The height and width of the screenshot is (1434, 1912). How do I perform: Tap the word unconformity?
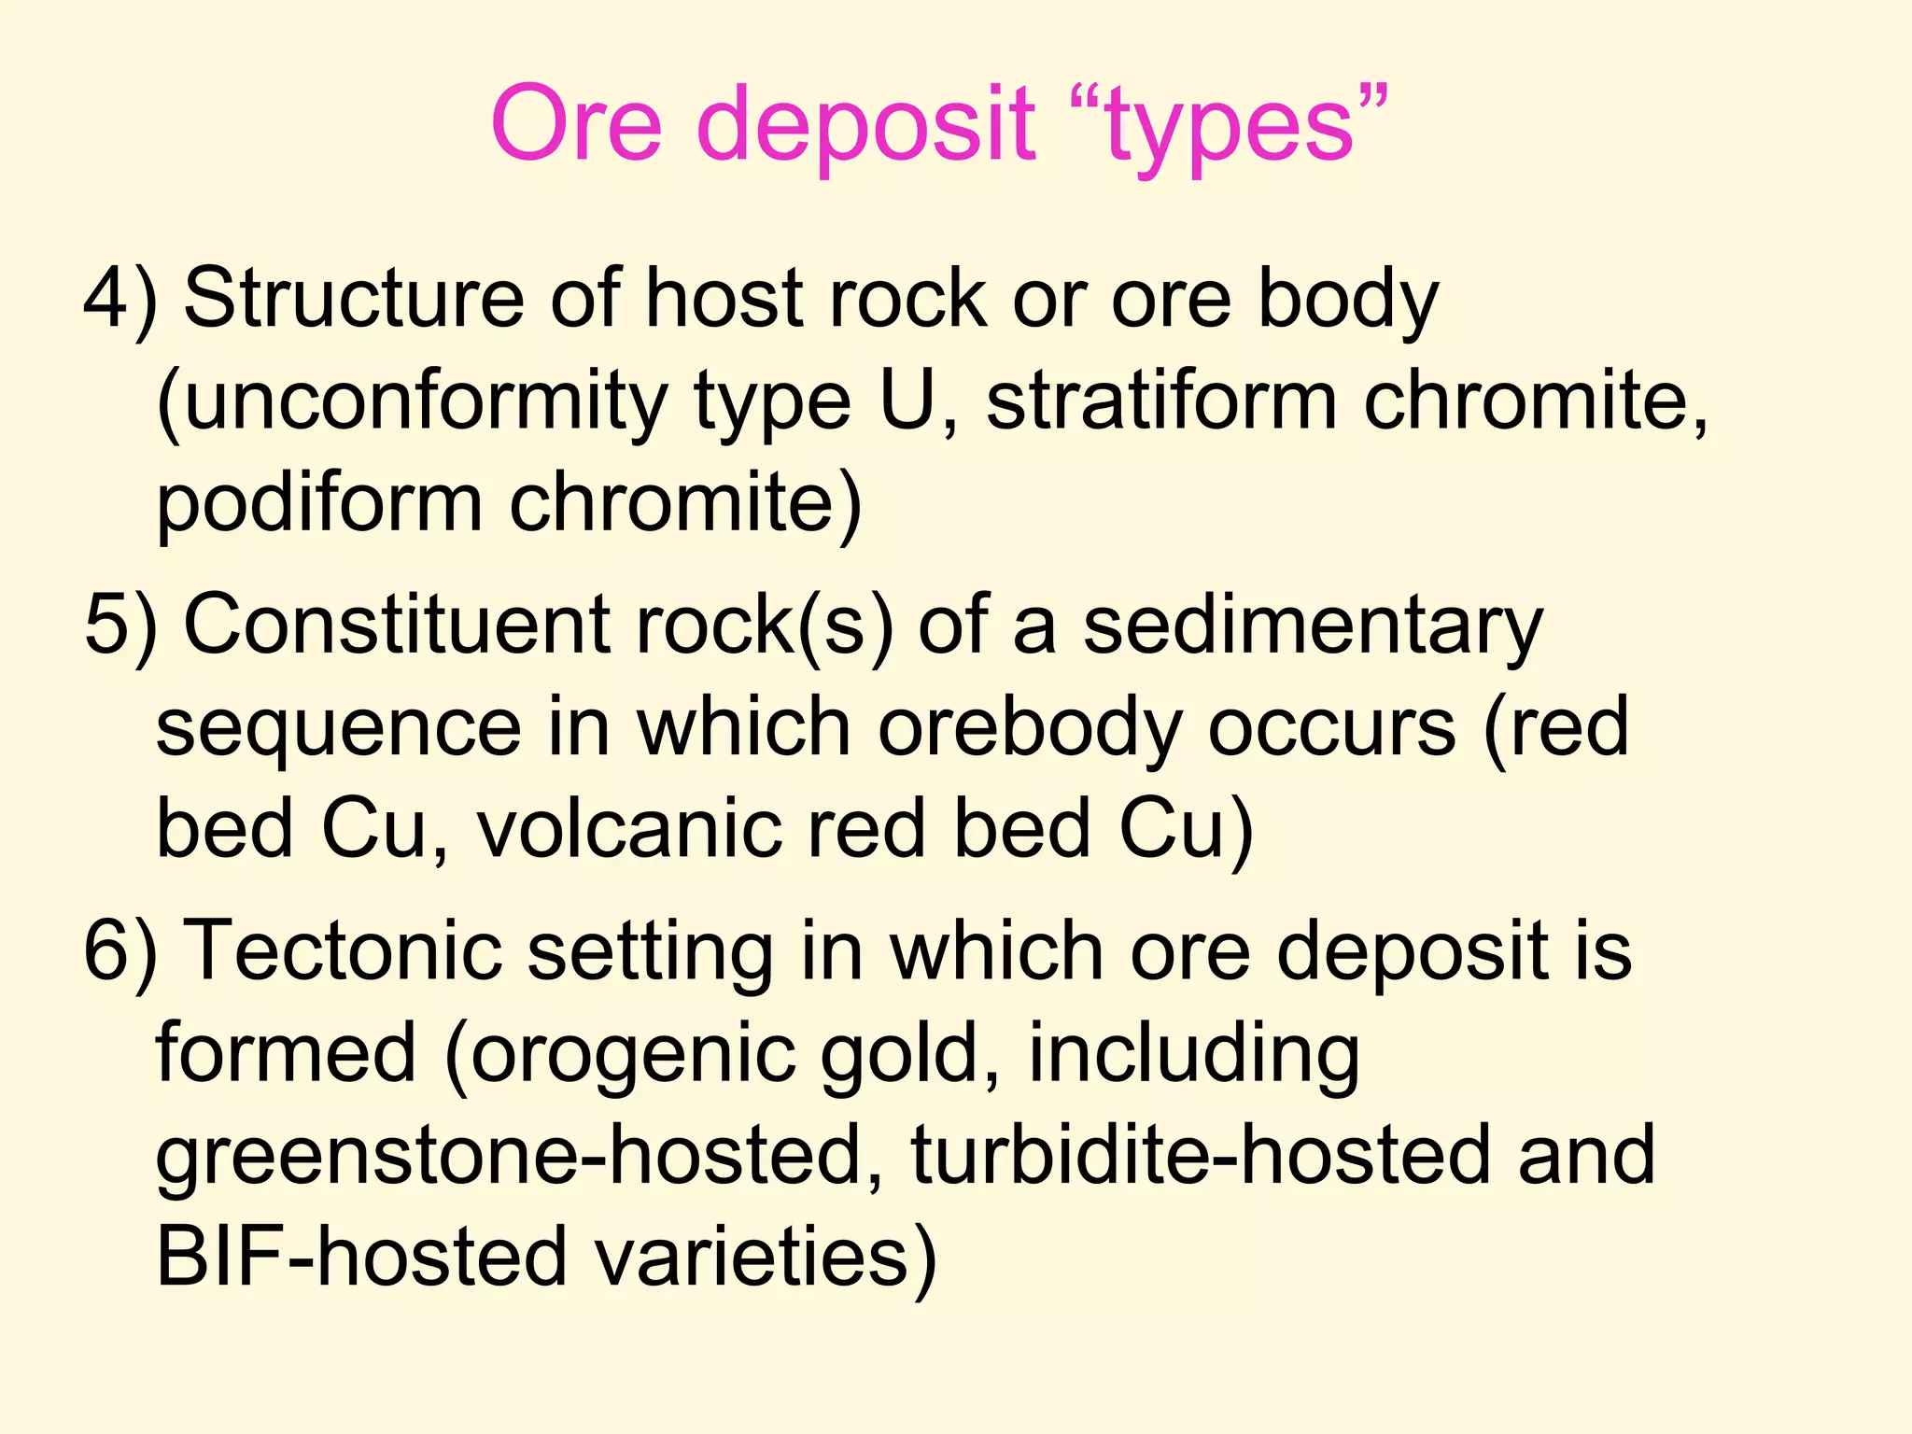pos(412,403)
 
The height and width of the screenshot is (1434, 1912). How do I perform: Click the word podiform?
pos(318,504)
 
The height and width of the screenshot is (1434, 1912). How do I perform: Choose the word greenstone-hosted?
pos(519,1157)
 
